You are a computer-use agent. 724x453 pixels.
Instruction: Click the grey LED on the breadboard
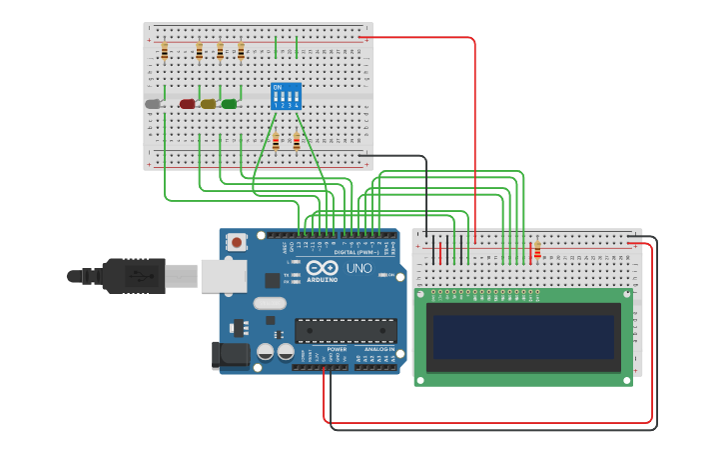[x=153, y=104]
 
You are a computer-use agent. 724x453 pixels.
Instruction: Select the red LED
[x=187, y=104]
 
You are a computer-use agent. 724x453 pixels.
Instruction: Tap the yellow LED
[x=208, y=104]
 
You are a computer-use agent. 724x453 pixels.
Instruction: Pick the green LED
[x=229, y=104]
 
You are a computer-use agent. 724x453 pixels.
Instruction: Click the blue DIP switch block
[x=286, y=96]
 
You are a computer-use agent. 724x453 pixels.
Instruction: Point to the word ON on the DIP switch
[x=277, y=87]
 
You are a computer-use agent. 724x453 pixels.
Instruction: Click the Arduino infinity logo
[x=322, y=268]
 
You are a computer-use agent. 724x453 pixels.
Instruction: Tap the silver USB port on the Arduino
[x=223, y=276]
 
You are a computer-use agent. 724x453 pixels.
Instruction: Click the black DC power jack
[x=230, y=355]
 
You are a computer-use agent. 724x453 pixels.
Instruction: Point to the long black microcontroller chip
[x=346, y=330]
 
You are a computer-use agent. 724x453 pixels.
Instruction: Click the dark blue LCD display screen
[x=522, y=337]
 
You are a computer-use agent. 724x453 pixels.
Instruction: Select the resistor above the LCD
[x=537, y=250]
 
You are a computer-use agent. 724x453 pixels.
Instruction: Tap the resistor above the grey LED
[x=165, y=51]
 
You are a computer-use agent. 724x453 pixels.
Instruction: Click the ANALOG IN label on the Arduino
[x=378, y=349]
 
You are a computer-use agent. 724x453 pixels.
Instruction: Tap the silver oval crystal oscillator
[x=270, y=303]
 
